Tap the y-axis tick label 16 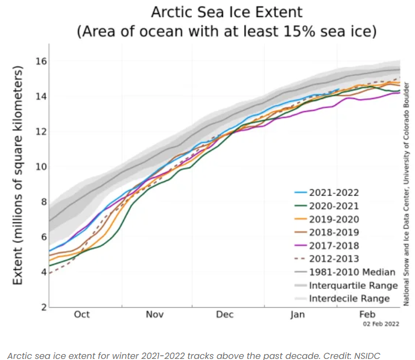point(40,61)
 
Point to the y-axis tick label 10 point(40,166)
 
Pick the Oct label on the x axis point(82,315)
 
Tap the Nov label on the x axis point(155,315)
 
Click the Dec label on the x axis point(225,315)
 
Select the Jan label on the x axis point(297,315)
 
